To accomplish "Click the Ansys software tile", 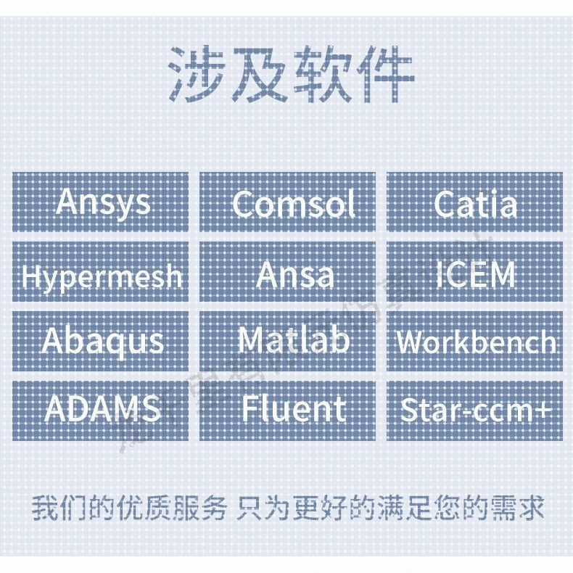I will click(101, 202).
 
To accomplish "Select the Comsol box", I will click(288, 202).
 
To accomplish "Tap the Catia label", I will click(475, 202).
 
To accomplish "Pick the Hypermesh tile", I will click(101, 273).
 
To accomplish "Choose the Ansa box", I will click(288, 273).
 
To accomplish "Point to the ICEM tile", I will click(475, 273).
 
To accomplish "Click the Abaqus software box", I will click(101, 341).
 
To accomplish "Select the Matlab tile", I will click(288, 341).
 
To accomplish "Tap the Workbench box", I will click(475, 341).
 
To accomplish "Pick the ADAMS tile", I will click(101, 410).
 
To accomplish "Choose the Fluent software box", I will click(288, 410).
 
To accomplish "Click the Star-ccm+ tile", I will click(475, 410).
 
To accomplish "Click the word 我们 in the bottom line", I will click(54, 508).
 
